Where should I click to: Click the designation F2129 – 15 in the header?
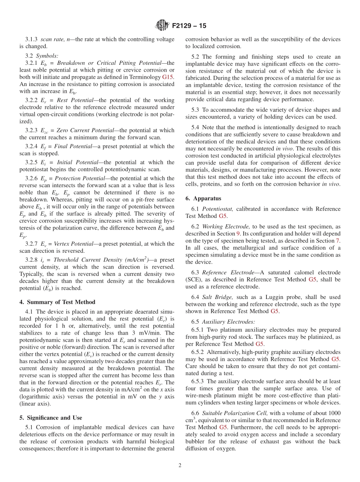(x=189, y=26)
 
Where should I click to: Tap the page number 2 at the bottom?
(x=180, y=466)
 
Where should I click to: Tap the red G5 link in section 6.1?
(x=223, y=216)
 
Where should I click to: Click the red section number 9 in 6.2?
(x=238, y=233)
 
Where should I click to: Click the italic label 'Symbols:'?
(x=47, y=56)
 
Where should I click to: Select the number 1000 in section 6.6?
(x=333, y=413)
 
